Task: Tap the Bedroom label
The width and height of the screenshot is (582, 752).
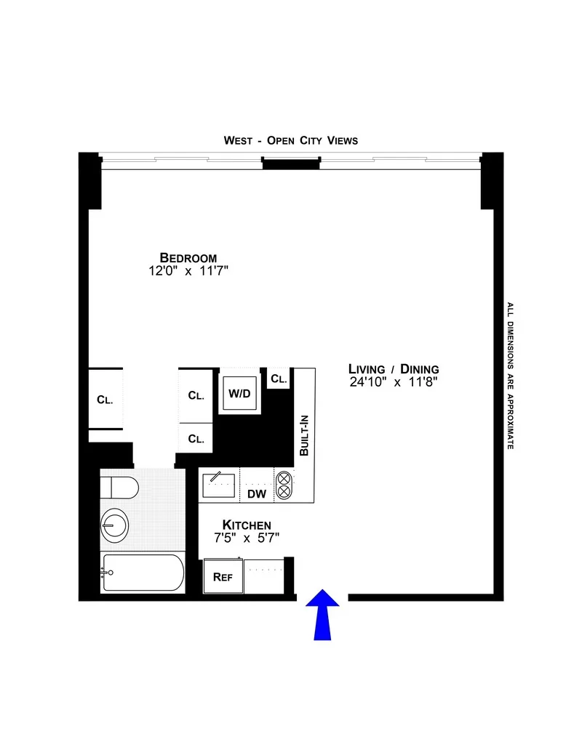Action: (188, 258)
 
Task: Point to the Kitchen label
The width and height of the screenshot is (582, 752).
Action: (247, 525)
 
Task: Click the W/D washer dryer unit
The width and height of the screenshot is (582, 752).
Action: (239, 394)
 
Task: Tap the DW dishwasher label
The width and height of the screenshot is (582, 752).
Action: (256, 495)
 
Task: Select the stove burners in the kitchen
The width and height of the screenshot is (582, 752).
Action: (282, 485)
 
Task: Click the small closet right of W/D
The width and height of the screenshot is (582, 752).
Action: (279, 379)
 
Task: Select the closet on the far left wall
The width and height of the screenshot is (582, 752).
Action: (105, 399)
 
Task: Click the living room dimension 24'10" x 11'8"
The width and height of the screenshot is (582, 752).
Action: (393, 381)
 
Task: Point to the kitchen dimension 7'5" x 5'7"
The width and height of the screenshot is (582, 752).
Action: (247, 538)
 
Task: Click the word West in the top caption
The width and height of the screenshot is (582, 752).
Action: (238, 140)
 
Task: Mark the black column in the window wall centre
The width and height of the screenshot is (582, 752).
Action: (290, 164)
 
